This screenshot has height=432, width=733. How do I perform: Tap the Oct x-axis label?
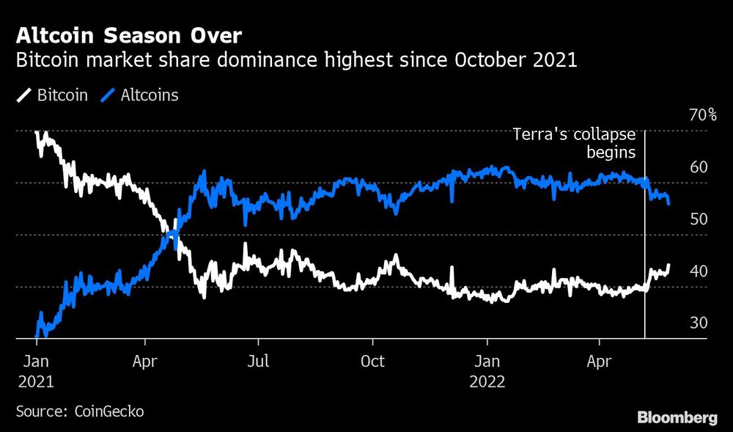373,362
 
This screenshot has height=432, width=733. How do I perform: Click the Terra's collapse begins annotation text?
573,143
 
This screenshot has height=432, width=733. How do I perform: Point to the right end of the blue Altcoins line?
668,203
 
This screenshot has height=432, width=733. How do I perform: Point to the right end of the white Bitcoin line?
668,266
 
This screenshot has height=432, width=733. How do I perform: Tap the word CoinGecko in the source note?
109,411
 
